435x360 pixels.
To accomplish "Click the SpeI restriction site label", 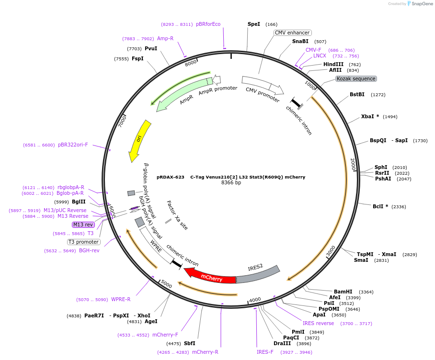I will pyautogui.click(x=254, y=24).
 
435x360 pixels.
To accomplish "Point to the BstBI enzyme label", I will pyautogui.click(x=357, y=94).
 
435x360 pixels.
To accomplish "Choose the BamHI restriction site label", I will pyautogui.click(x=343, y=292).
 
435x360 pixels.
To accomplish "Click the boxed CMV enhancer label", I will pyautogui.click(x=292, y=33).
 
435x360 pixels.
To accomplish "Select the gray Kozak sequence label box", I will pyautogui.click(x=356, y=79).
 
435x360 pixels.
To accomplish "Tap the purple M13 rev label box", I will pyautogui.click(x=83, y=225).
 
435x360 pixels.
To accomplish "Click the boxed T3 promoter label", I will pyautogui.click(x=84, y=242).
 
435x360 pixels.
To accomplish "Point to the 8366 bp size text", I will pyautogui.click(x=231, y=183).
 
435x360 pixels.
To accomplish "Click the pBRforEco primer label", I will pyautogui.click(x=208, y=24).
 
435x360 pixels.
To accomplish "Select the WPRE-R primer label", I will pyautogui.click(x=121, y=299).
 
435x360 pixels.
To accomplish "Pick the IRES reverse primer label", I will pyautogui.click(x=319, y=323).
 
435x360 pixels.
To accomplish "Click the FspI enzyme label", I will pyautogui.click(x=137, y=58).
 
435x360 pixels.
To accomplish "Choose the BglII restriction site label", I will pyautogui.click(x=79, y=202).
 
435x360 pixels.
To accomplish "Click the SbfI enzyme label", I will pyautogui.click(x=190, y=343).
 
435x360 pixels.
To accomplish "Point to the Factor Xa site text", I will pyautogui.click(x=177, y=215).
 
